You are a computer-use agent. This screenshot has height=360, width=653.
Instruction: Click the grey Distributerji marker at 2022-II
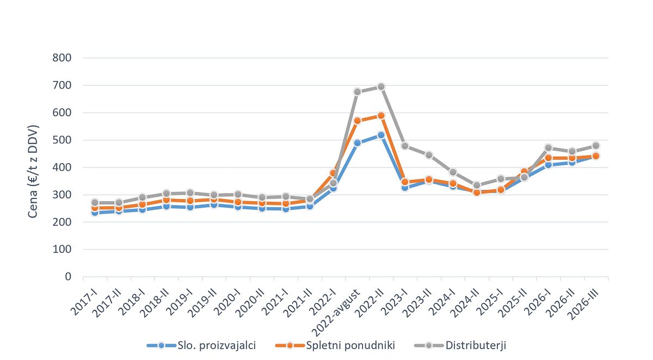point(381,86)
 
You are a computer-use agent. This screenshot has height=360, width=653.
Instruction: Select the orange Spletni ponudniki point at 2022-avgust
point(357,121)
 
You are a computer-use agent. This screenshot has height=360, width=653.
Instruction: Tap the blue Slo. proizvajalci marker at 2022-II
point(381,135)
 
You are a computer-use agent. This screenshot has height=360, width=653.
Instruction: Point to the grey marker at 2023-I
point(405,146)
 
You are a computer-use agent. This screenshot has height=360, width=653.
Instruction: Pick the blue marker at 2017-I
point(95,213)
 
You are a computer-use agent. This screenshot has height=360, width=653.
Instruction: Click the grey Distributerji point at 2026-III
point(596,145)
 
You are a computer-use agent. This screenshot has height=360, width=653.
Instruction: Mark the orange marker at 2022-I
point(334,173)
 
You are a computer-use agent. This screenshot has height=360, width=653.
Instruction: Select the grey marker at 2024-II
point(477,185)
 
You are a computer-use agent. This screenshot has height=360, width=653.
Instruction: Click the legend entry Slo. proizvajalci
point(201,345)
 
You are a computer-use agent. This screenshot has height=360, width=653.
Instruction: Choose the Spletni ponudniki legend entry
point(335,345)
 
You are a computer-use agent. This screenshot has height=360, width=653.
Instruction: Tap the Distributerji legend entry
point(460,345)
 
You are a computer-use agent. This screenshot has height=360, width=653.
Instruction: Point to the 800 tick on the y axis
point(62,58)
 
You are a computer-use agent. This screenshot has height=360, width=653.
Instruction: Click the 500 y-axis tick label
point(62,140)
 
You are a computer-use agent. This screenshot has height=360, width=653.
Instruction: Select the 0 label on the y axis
point(68,276)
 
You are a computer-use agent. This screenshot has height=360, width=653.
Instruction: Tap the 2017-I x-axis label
point(84,301)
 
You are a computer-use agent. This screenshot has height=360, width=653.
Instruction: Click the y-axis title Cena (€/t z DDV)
point(33,171)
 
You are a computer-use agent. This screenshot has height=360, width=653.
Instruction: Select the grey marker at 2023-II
point(429,155)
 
